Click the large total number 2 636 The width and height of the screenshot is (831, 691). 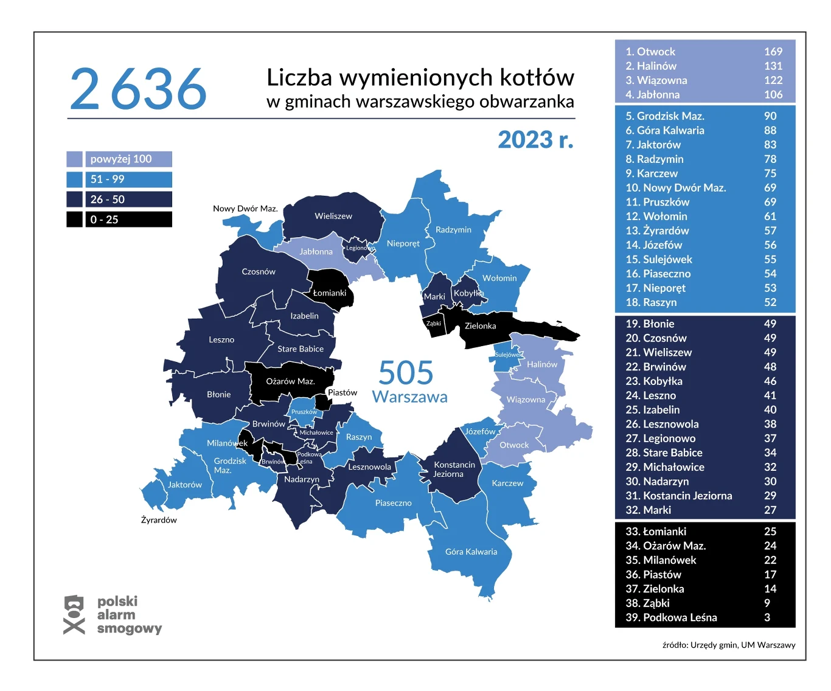pyautogui.click(x=138, y=89)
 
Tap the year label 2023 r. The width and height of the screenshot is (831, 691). pyautogui.click(x=535, y=140)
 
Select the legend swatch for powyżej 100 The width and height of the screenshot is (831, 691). pyautogui.click(x=74, y=159)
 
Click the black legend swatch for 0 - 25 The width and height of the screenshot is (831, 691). pyautogui.click(x=74, y=220)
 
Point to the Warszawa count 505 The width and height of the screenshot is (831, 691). pyautogui.click(x=406, y=372)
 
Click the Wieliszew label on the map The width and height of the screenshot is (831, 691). pyautogui.click(x=333, y=216)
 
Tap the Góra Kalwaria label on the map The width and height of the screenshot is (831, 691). pyautogui.click(x=471, y=552)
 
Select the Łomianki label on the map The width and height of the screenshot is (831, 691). pyautogui.click(x=329, y=293)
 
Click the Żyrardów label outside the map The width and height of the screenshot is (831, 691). pyautogui.click(x=159, y=520)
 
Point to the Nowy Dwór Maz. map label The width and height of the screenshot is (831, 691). pyautogui.click(x=245, y=209)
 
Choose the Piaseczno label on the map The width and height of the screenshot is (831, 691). pyautogui.click(x=393, y=503)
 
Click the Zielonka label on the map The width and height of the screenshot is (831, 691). pyautogui.click(x=480, y=326)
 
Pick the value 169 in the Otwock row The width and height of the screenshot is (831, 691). pyautogui.click(x=773, y=52)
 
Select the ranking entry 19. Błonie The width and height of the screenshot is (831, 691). pyautogui.click(x=650, y=324)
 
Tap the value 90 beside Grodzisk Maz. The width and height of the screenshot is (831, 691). pyautogui.click(x=770, y=116)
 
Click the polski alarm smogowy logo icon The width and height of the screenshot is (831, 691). pyautogui.click(x=74, y=614)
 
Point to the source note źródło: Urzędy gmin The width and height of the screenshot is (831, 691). pyautogui.click(x=728, y=645)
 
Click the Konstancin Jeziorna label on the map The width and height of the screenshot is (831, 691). pyautogui.click(x=454, y=469)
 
